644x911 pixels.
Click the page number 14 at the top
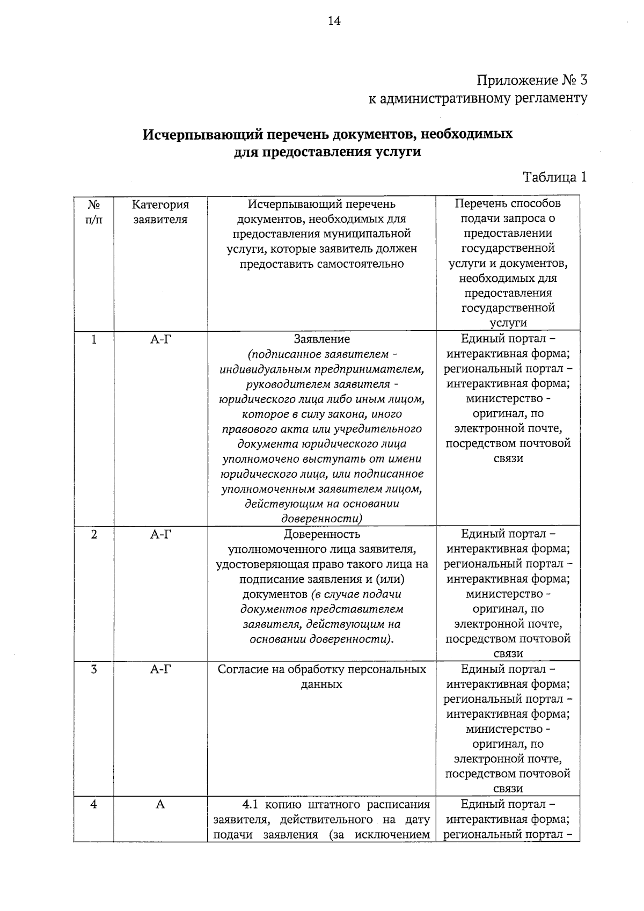[334, 21]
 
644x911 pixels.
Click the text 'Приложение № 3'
[532, 81]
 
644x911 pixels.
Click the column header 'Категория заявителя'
[160, 212]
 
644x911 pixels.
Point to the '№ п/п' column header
[93, 212]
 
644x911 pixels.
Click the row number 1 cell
[94, 339]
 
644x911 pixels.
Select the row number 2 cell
[94, 534]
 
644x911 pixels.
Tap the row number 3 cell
[94, 669]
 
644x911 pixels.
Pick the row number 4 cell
[94, 805]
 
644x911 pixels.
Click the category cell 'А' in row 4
[160, 805]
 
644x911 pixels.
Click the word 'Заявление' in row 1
[321, 339]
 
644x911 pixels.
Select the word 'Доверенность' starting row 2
[321, 534]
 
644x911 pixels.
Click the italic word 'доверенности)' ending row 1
[321, 519]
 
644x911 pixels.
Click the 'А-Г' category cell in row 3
[160, 669]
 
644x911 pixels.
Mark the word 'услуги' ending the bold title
[398, 152]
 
